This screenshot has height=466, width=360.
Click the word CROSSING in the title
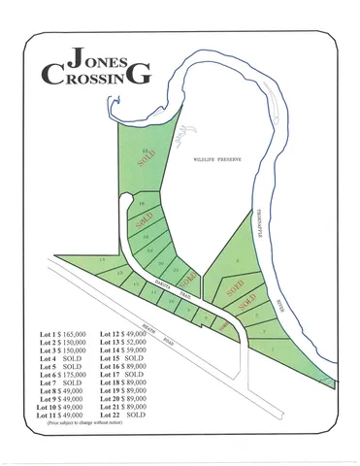pos(96,75)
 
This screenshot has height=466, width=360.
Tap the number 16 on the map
pos(142,205)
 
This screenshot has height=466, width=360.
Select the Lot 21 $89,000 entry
pos(123,407)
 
